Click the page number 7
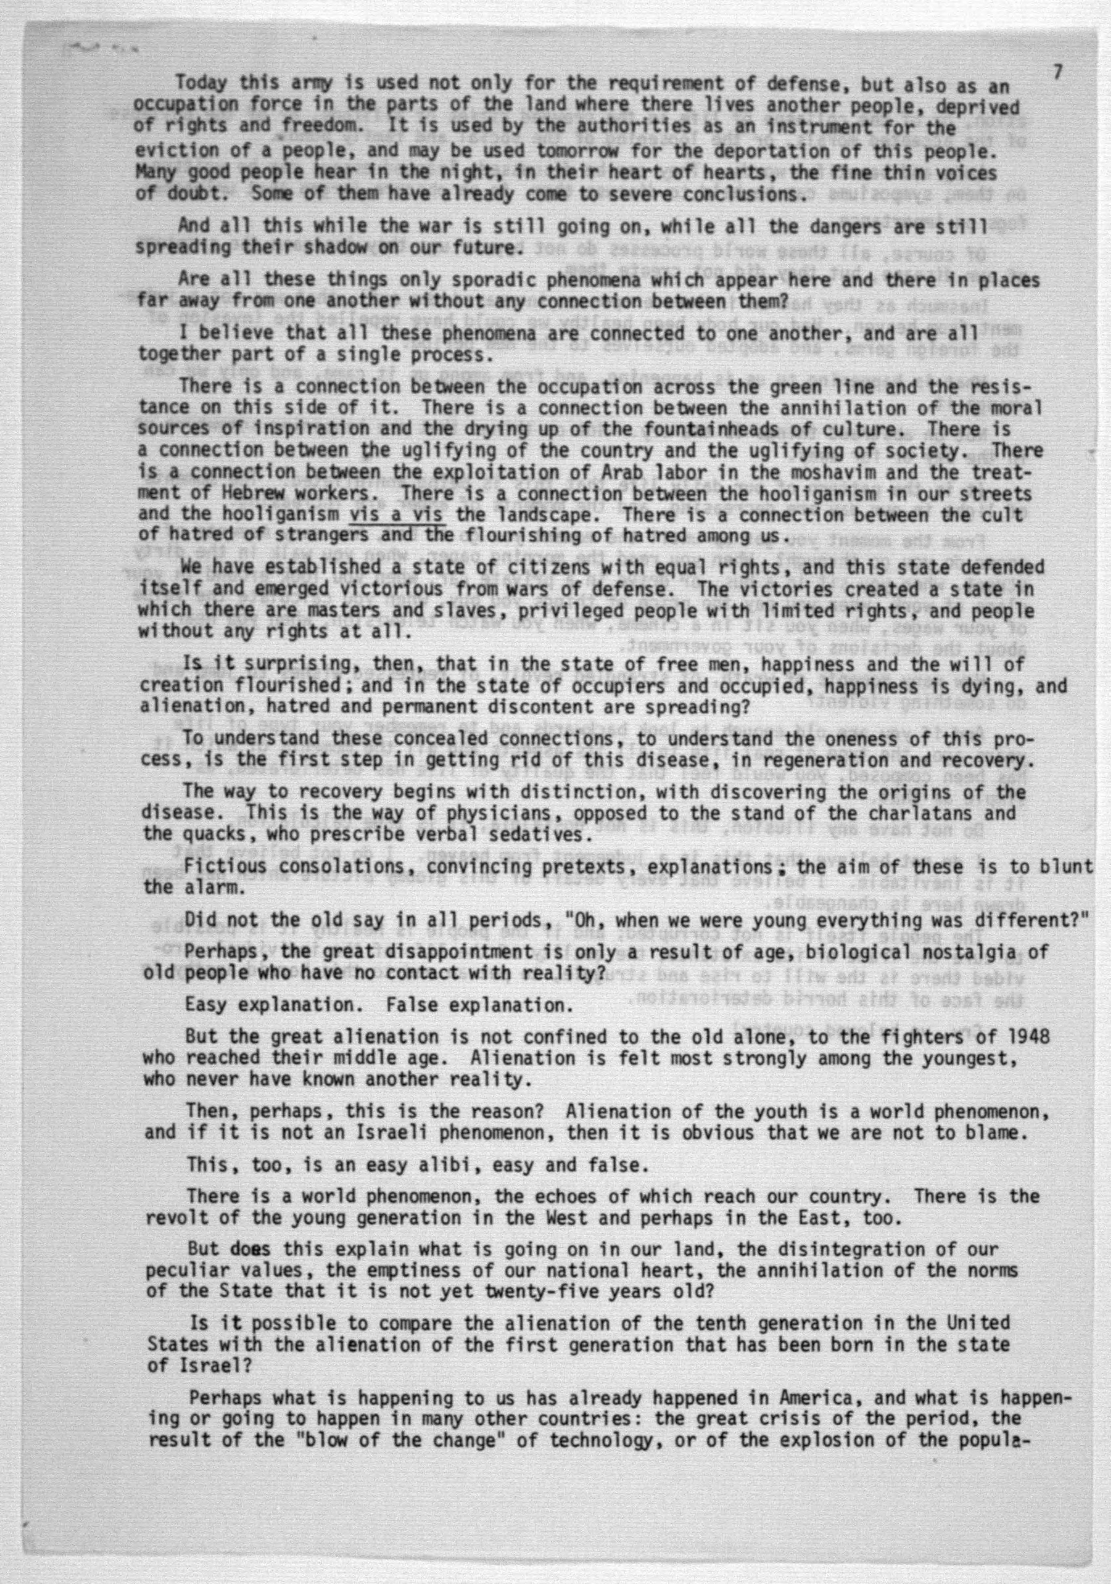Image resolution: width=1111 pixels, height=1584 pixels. [x=1057, y=72]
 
